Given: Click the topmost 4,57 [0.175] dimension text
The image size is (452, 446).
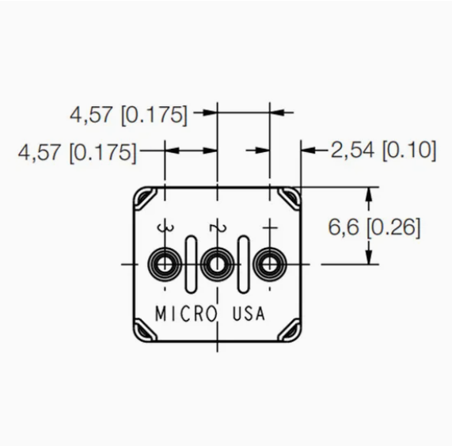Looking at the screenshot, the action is (x=128, y=115).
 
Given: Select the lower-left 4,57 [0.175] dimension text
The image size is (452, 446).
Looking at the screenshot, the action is (x=77, y=152).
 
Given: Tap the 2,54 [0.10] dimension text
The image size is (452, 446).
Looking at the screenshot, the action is (x=383, y=151).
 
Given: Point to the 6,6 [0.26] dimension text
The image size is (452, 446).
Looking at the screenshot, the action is (x=374, y=227).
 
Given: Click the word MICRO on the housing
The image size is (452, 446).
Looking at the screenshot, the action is (x=186, y=314).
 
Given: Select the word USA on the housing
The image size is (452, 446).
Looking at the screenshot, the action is (x=249, y=313).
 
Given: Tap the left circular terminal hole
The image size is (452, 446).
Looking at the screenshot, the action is (x=165, y=264).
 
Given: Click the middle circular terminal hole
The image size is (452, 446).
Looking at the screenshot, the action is (x=217, y=264).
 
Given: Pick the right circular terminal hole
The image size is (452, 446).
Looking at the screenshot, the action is (x=269, y=264).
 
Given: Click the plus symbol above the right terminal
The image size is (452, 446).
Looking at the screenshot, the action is (x=270, y=227).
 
